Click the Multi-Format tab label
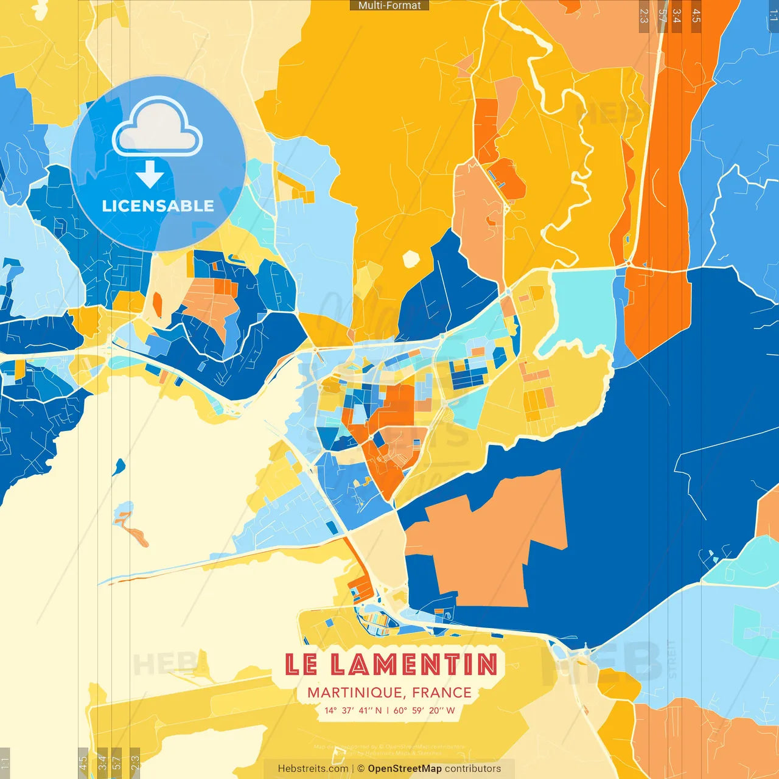click(389, 5)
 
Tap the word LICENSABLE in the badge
click(158, 206)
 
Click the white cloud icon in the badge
click(157, 127)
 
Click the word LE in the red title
click(301, 665)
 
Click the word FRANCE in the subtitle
click(442, 693)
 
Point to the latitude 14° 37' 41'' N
click(353, 710)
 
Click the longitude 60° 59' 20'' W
click(424, 710)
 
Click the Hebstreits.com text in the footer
click(313, 769)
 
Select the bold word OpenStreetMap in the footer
click(405, 769)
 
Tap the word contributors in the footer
click(473, 769)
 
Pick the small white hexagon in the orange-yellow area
click(411, 259)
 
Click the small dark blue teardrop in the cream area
click(119, 467)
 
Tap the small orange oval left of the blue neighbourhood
click(157, 304)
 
